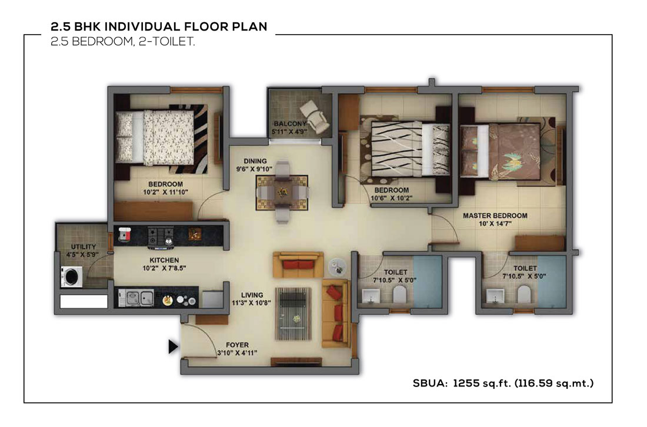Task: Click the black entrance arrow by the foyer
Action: (173, 347)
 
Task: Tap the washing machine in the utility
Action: (71, 277)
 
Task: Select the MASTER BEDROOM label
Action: (495, 216)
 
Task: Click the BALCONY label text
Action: (289, 124)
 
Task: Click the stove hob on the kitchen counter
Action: (161, 237)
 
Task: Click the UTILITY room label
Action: (84, 247)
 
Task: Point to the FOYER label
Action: (237, 345)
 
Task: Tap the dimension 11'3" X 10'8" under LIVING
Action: (251, 303)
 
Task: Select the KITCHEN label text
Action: (164, 260)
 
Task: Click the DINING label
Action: (255, 161)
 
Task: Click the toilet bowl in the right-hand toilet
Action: (524, 294)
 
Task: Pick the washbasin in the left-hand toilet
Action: (371, 295)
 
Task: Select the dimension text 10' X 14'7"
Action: (495, 224)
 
